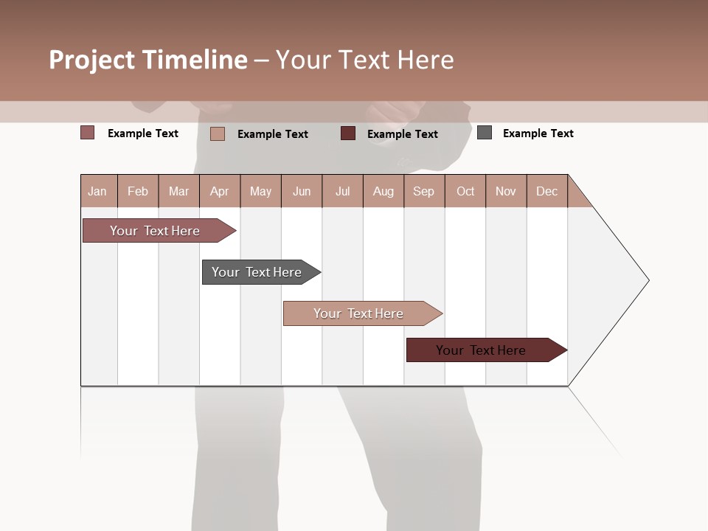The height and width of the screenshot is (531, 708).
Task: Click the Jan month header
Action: [98, 191]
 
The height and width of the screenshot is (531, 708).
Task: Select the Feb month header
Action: [138, 191]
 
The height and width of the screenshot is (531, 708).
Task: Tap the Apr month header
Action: [220, 191]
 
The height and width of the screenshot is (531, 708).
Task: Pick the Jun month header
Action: [302, 191]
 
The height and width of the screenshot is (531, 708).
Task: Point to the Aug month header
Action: [383, 191]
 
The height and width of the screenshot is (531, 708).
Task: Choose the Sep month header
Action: [424, 191]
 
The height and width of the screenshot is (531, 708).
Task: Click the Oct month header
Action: [465, 191]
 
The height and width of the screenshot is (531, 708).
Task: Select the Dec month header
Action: [547, 191]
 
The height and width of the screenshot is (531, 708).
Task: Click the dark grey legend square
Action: [485, 133]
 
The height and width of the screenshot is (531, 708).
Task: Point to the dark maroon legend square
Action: [348, 133]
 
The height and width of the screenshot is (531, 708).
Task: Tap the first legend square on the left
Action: [88, 133]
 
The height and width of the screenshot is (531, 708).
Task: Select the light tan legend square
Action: [218, 133]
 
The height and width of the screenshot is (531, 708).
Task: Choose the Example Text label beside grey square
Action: [538, 133]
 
